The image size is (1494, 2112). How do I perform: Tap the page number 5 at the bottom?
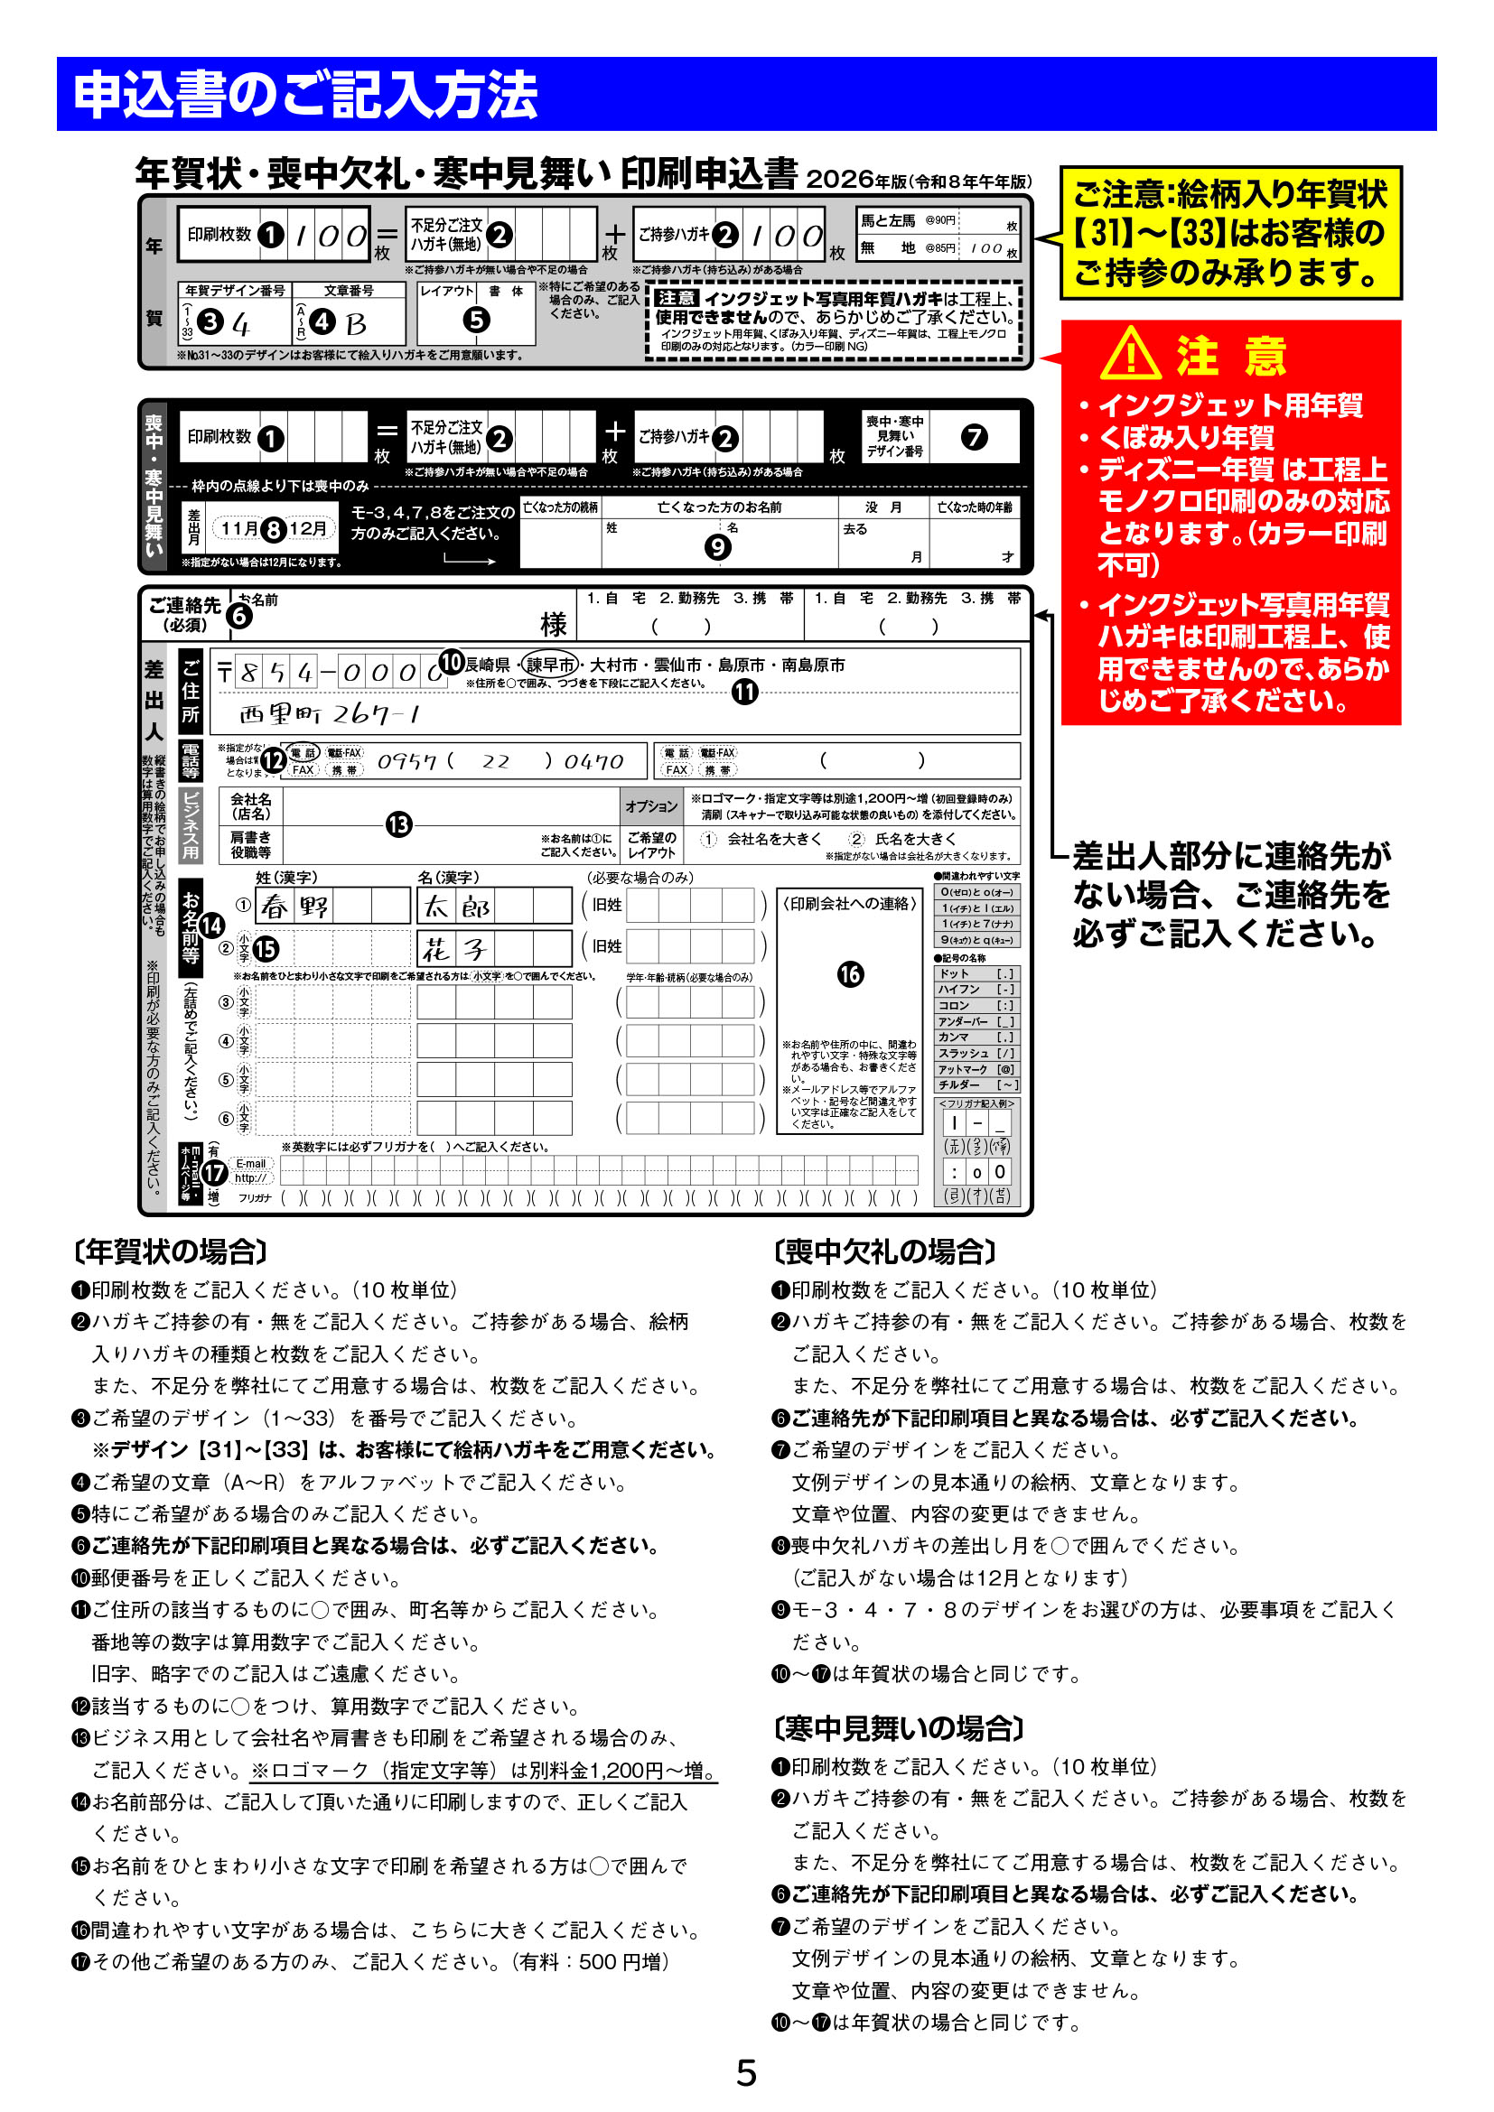[x=746, y=2073]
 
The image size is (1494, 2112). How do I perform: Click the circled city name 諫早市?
[x=550, y=665]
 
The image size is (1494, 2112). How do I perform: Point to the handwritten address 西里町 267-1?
[x=331, y=714]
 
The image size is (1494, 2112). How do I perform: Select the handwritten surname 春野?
[x=294, y=907]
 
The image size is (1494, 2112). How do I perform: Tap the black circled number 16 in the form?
[x=850, y=974]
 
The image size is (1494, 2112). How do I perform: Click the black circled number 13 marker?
[x=398, y=824]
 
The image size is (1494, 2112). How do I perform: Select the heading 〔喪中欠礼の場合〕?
[x=885, y=1251]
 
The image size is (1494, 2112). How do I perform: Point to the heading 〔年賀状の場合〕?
[x=170, y=1251]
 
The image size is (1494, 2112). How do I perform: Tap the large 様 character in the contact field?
[x=553, y=625]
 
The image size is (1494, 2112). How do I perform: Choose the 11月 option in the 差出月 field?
[x=239, y=528]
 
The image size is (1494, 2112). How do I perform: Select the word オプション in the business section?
[x=651, y=806]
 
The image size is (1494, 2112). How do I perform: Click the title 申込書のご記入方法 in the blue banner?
[x=305, y=95]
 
